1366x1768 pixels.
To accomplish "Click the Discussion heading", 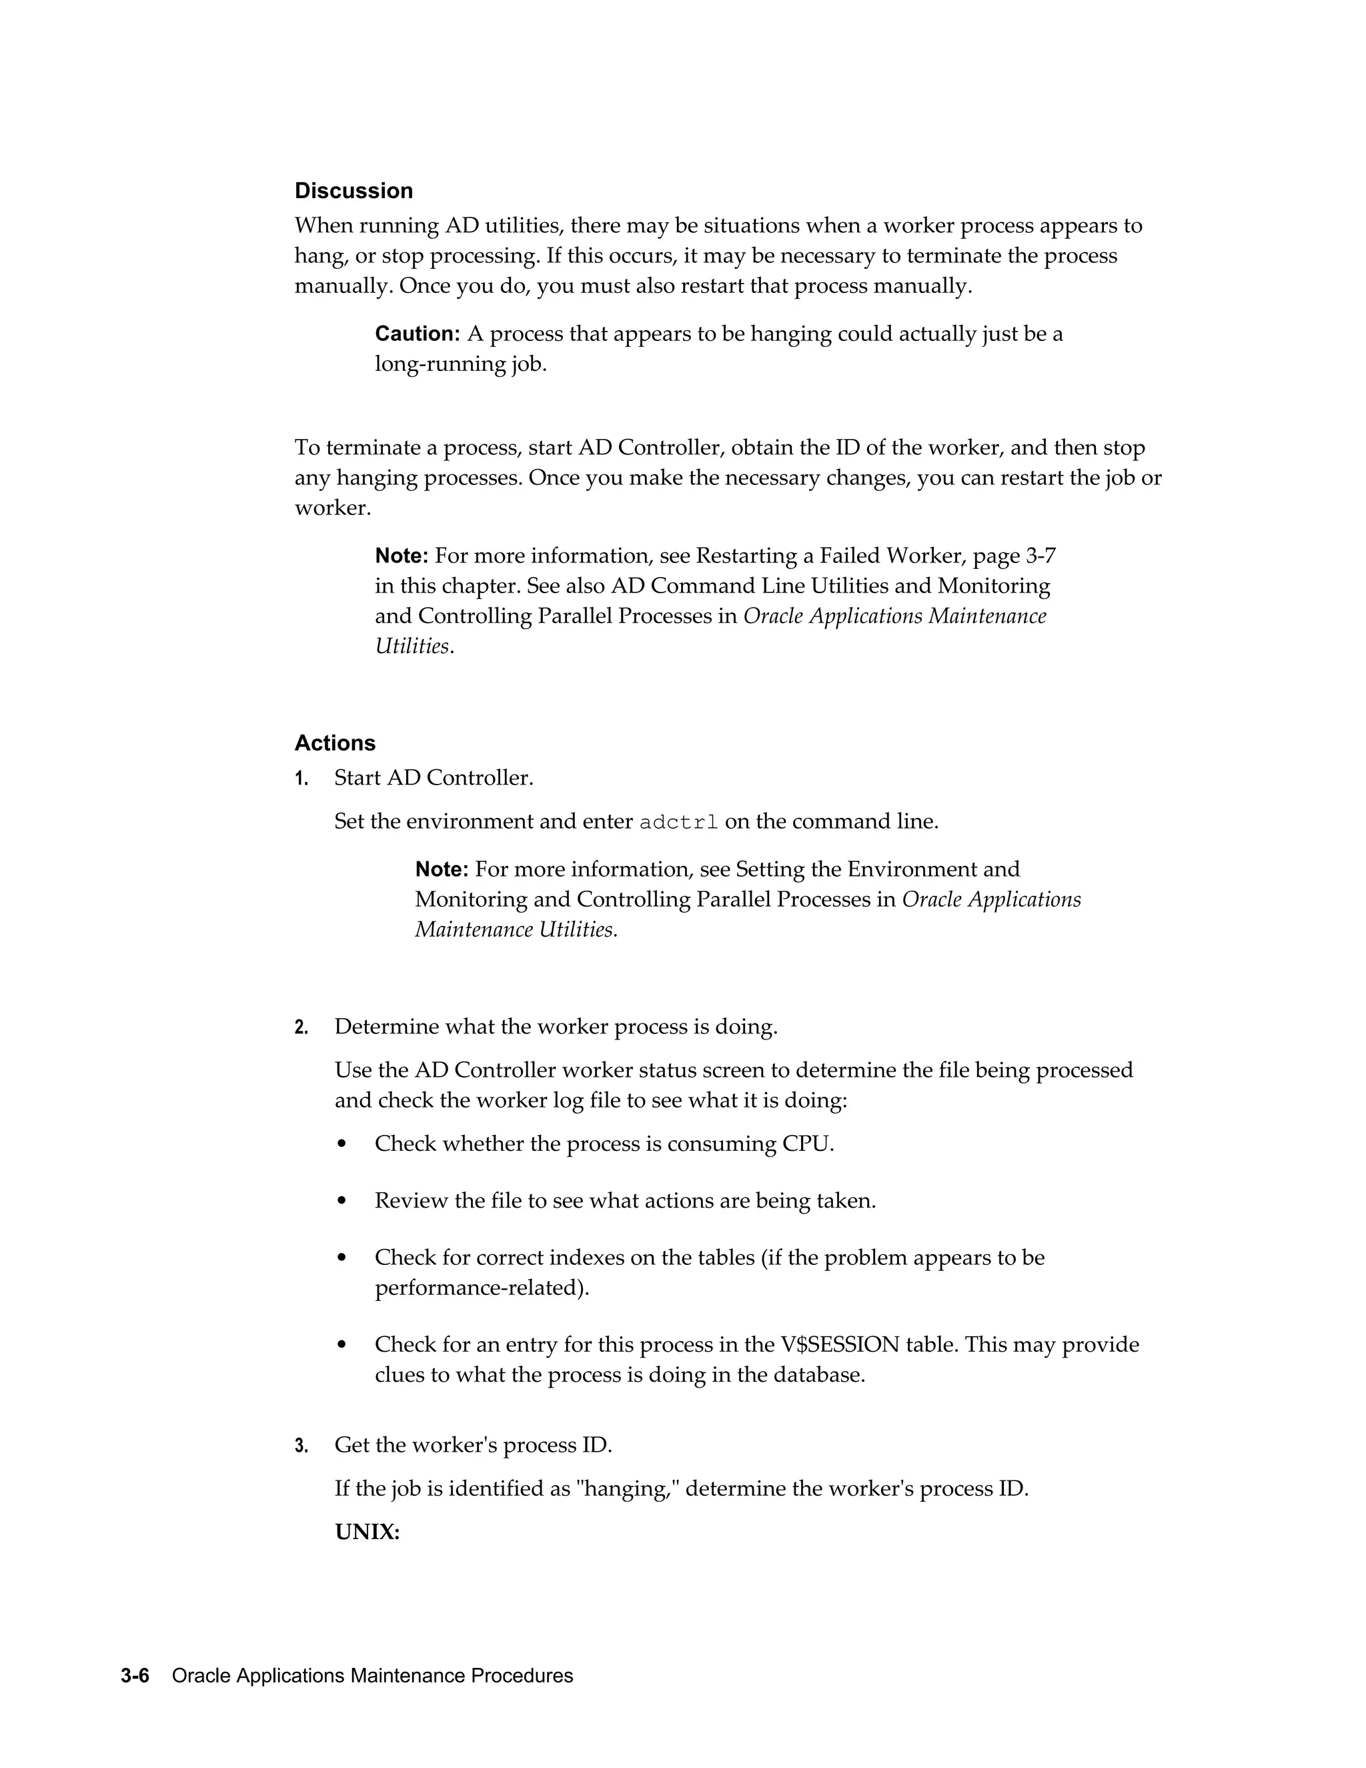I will tap(354, 191).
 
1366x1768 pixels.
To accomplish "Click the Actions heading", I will tap(335, 743).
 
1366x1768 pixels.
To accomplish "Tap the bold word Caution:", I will tap(417, 334).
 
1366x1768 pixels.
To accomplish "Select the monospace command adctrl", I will tap(678, 823).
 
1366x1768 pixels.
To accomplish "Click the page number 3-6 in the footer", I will tap(135, 1676).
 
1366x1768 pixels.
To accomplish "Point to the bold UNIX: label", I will tap(368, 1532).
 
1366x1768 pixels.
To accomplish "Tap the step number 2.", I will tap(301, 1028).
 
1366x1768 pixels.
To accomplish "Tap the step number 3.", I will tap(301, 1446).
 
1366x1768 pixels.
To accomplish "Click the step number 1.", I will tap(301, 779).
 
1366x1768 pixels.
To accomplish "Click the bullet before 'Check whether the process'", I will tap(341, 1145).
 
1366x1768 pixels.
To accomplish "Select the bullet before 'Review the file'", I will tap(341, 1202).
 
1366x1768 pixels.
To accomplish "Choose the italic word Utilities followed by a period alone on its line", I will tap(412, 646).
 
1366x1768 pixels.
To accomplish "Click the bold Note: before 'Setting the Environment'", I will tap(441, 869).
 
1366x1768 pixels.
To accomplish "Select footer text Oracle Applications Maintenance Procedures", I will tap(372, 1676).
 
